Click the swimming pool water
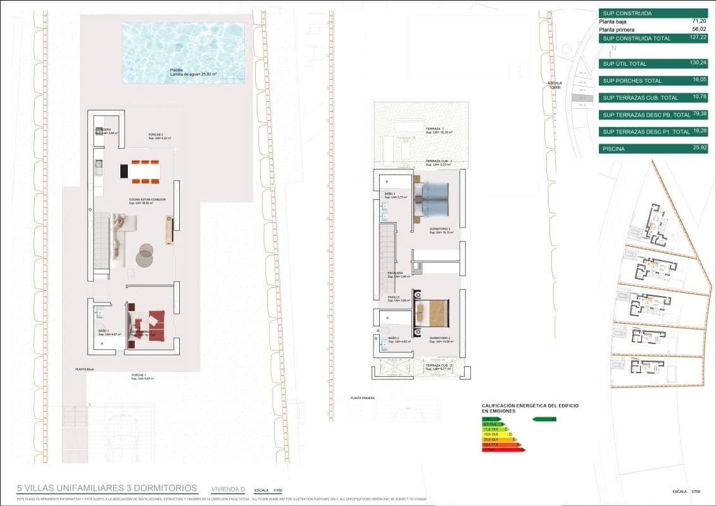point(183,53)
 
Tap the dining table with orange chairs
point(140,171)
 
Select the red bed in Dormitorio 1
point(149,324)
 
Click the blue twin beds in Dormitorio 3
point(432,199)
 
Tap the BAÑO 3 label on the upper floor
point(391,194)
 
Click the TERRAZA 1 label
point(435,128)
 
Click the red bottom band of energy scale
point(503,450)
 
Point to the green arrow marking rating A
point(545,419)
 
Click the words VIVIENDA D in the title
point(228,489)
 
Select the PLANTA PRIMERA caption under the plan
point(363,398)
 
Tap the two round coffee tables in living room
point(146,254)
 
